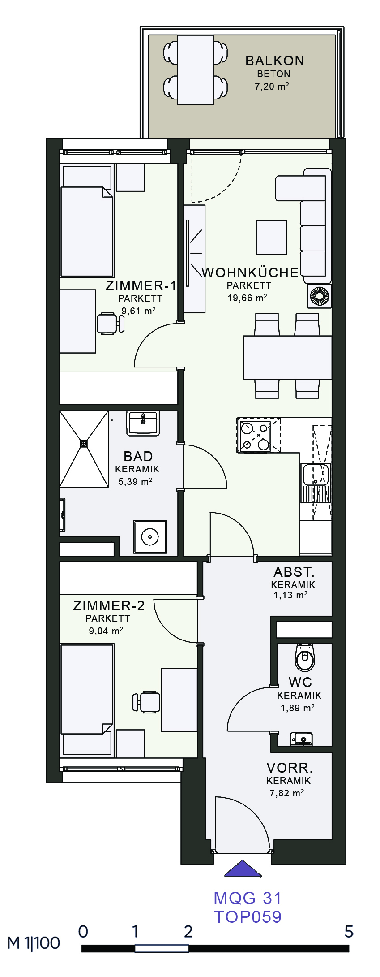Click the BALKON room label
tap(275, 61)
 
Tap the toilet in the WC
tap(305, 657)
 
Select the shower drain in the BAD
tap(84, 443)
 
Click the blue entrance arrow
tap(243, 868)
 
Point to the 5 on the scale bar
tap(349, 931)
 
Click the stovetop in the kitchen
tap(259, 435)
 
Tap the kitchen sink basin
tap(316, 475)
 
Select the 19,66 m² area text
tap(247, 298)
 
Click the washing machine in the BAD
tap(150, 536)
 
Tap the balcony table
tap(196, 70)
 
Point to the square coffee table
tap(271, 237)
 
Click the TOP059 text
tap(248, 916)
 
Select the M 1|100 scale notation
tap(34, 943)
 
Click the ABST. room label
tap(294, 572)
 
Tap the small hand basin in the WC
tap(302, 739)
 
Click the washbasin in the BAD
tap(143, 423)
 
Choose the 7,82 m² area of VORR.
tap(287, 793)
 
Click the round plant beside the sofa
tap(320, 296)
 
